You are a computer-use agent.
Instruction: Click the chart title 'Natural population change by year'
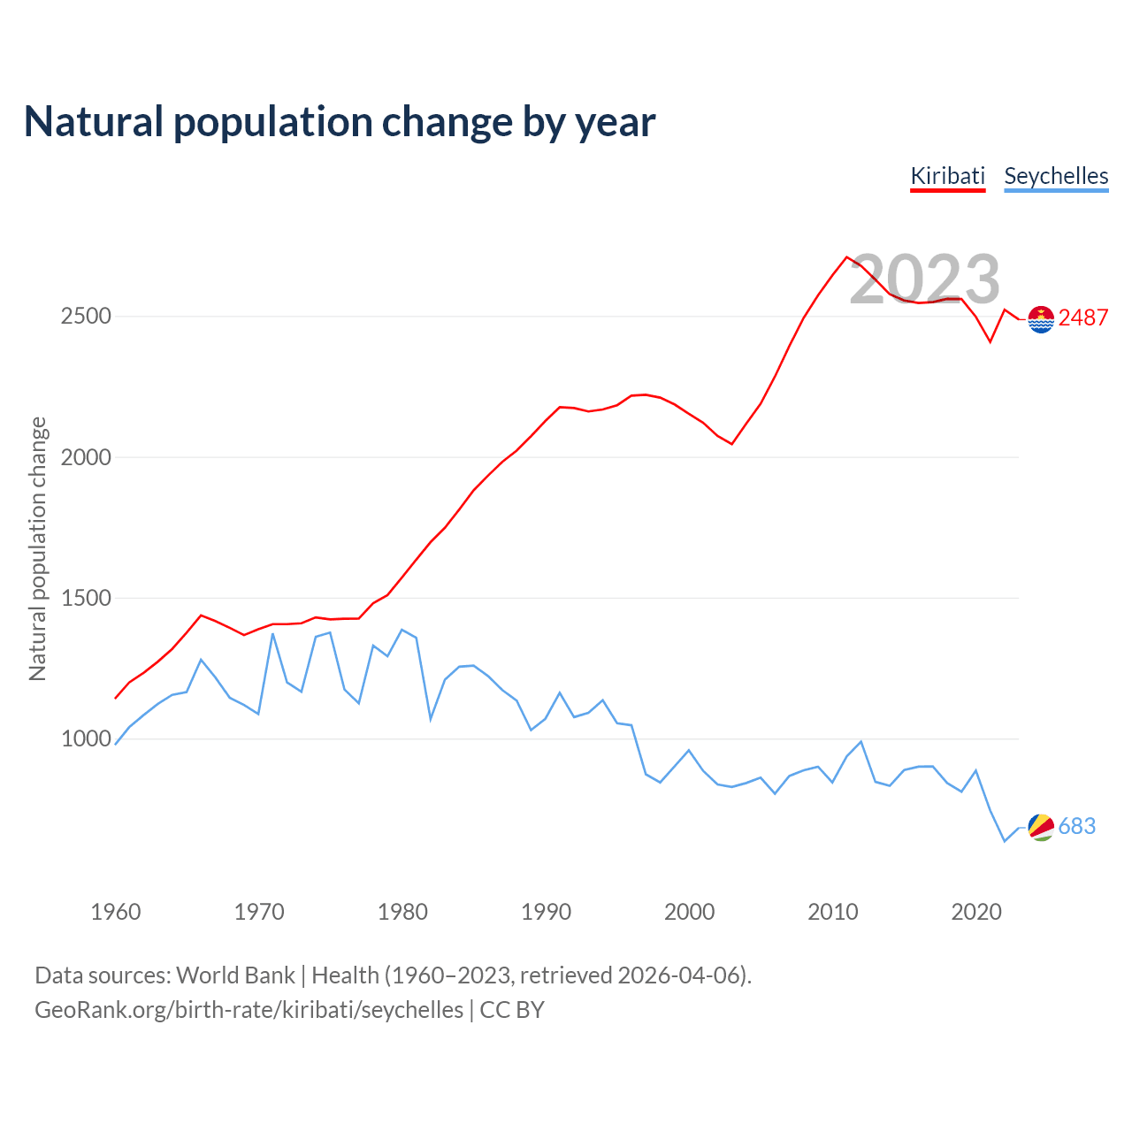tap(340, 122)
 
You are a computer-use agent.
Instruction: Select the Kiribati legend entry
tap(948, 176)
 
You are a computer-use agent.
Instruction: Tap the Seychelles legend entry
tap(1056, 176)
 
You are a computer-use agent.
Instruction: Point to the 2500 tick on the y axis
tap(86, 316)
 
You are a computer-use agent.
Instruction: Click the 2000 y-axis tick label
tap(86, 457)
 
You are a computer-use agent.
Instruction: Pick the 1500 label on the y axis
tap(86, 598)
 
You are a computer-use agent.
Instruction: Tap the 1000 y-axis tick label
tap(86, 738)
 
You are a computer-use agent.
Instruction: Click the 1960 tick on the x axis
tap(116, 912)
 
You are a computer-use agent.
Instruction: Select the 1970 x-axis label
tap(259, 912)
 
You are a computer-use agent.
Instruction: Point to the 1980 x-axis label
tap(402, 912)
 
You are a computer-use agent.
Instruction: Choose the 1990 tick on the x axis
tap(546, 912)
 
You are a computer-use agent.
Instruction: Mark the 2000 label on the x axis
tap(689, 912)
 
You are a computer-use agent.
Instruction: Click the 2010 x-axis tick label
tap(832, 912)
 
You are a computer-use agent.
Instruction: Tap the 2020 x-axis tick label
tap(975, 912)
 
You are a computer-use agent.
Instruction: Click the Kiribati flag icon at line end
tap(1041, 318)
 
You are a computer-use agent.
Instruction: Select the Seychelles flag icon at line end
tap(1041, 827)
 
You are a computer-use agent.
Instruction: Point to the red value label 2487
tap(1083, 318)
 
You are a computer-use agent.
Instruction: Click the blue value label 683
tap(1077, 826)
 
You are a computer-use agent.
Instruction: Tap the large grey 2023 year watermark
tap(925, 279)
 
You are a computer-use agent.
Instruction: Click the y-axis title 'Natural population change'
tap(38, 549)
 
